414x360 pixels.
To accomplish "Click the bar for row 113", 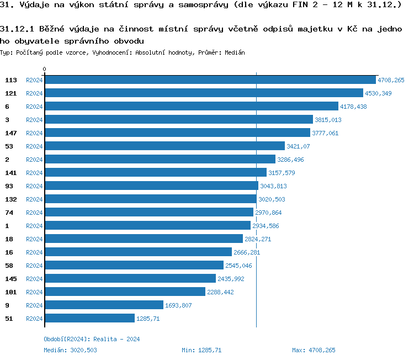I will pos(210,80).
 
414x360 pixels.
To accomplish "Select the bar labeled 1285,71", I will pos(89,319).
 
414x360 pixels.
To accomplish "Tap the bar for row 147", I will pos(177,133).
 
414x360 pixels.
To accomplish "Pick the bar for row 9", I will pos(104,305).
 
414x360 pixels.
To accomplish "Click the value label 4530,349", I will pos(378,93).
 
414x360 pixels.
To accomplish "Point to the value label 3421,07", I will pos(298,146).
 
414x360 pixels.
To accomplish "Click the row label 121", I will pos(11,93).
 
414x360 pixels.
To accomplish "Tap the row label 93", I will pos(9,186).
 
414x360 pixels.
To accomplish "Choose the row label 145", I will pos(11,279).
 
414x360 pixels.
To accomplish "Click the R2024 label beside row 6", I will pos(34,107).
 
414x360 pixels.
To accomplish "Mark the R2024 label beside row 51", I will pos(34,319).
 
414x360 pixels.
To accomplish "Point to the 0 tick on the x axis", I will pos(44,70).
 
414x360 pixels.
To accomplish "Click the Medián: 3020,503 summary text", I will pos(70,350).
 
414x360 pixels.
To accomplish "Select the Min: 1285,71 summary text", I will pos(201,350).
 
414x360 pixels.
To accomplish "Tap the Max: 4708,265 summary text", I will pos(314,350).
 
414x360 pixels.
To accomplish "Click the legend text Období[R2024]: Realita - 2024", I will pos(92,339).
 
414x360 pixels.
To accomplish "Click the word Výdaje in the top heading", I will pos(34,6).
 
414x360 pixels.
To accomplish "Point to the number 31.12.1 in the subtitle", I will pos(17,29).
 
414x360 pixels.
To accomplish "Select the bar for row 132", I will pos(150,199).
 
